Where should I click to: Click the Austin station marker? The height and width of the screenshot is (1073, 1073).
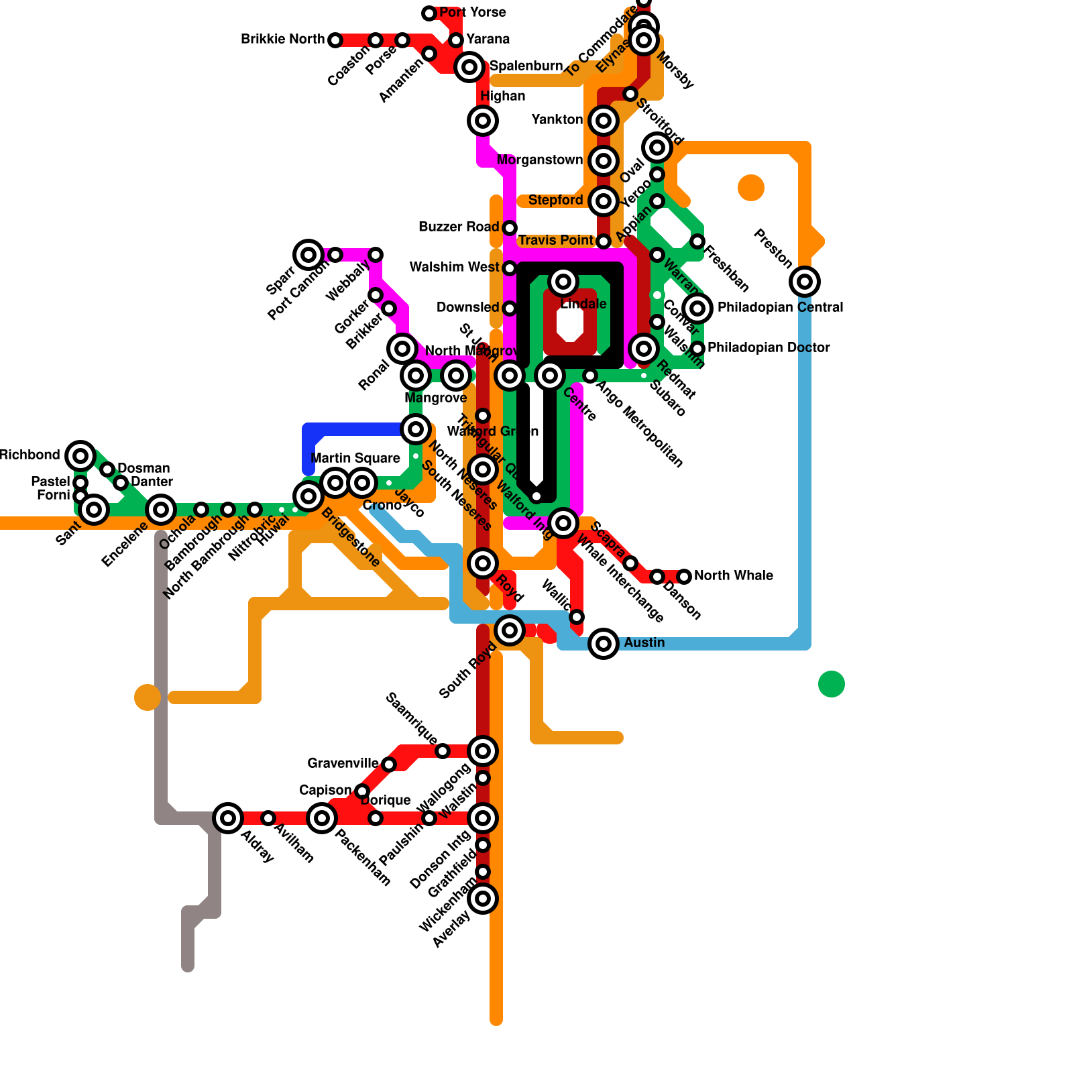pos(604,644)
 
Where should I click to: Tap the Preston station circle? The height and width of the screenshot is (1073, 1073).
pos(805,282)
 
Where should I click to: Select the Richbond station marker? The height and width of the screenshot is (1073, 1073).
pos(80,456)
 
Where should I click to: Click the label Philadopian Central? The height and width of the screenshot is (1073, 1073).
pos(780,307)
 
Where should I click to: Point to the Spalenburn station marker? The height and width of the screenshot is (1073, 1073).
pos(469,67)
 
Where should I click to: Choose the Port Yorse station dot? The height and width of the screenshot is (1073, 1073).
pos(429,13)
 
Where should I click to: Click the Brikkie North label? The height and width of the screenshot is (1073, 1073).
pos(282,39)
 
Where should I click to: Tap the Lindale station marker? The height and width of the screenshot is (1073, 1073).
pos(563,282)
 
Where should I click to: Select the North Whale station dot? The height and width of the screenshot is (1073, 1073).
pos(684,577)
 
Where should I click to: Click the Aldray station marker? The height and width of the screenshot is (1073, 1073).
pos(228,818)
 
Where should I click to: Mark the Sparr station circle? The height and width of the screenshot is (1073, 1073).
pos(308,255)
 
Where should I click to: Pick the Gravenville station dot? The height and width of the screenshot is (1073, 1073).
pos(389,765)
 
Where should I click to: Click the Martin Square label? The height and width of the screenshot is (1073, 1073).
pos(355,458)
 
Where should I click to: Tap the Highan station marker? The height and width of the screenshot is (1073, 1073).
pos(483,121)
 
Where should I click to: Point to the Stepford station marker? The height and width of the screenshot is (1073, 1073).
pos(604,201)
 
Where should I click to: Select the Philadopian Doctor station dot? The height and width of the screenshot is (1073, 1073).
pos(697,349)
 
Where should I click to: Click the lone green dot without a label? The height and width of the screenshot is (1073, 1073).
pos(832,684)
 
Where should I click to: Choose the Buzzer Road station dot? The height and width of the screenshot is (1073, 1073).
pos(510,228)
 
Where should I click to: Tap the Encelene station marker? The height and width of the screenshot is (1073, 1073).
pos(161,510)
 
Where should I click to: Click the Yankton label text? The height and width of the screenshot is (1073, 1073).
pos(557,119)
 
